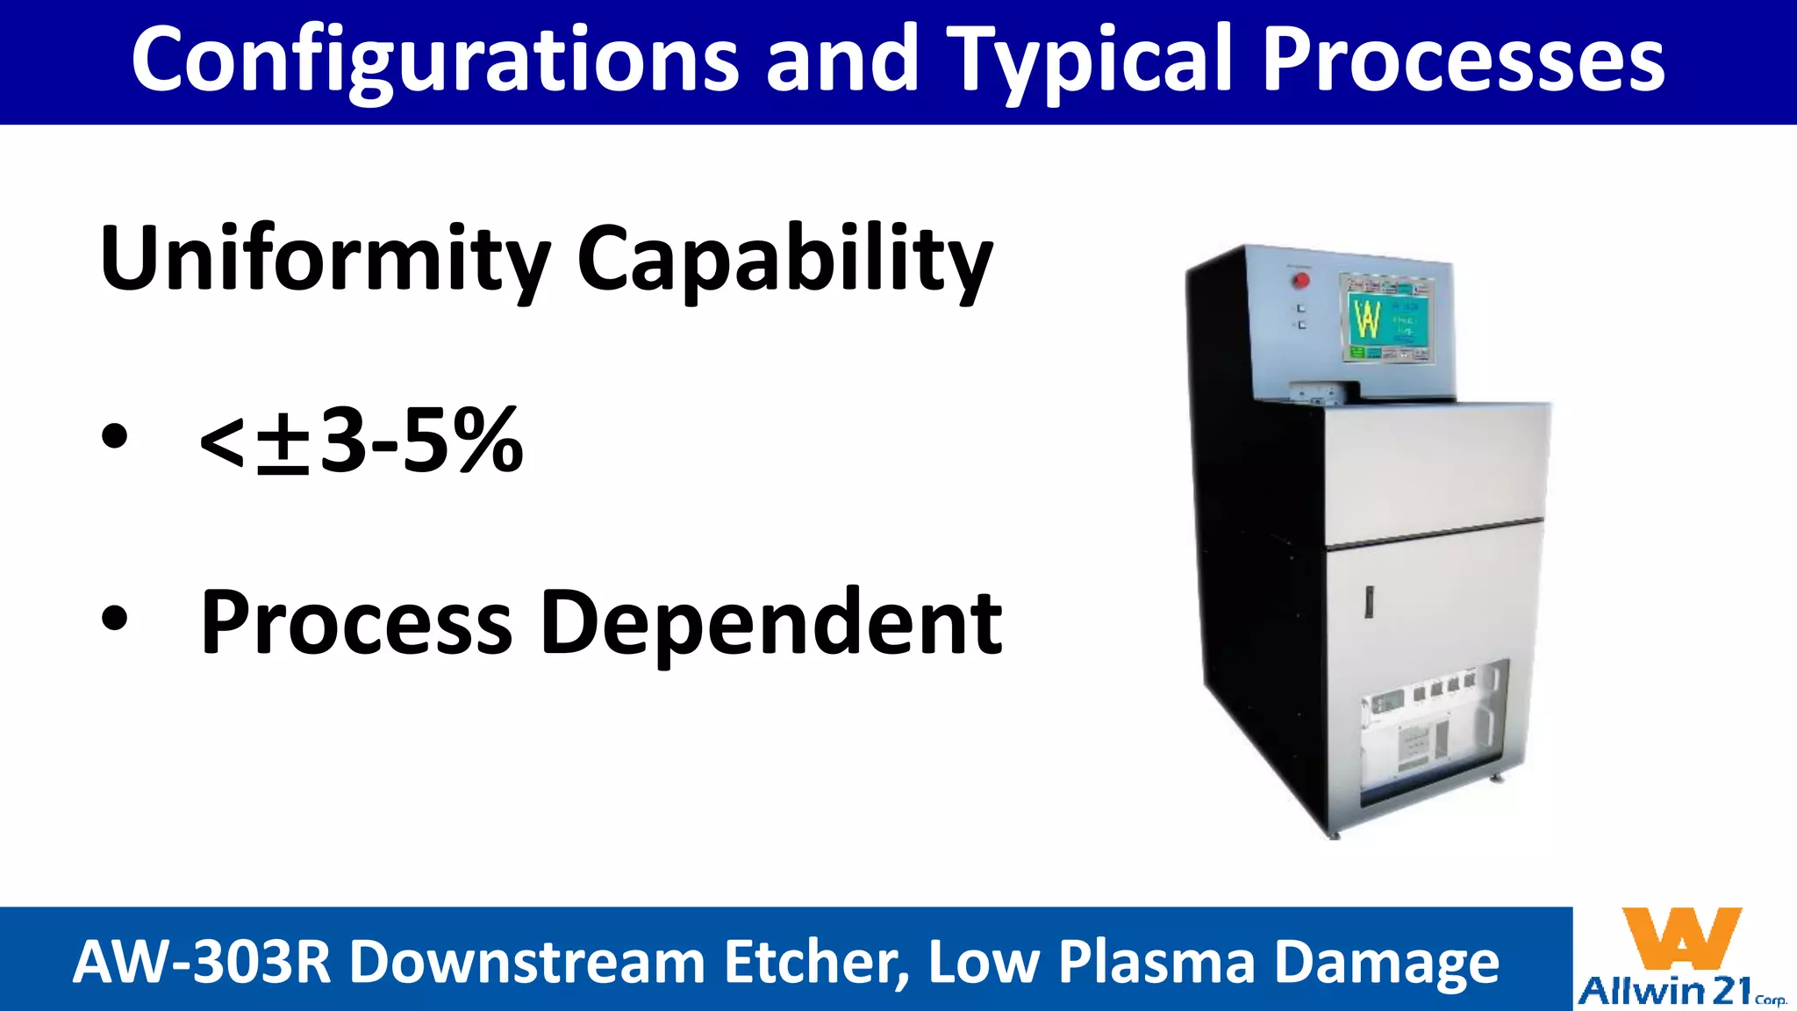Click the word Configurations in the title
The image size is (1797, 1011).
click(435, 60)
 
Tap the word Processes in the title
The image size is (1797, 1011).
click(1463, 60)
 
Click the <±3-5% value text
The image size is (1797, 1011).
click(362, 440)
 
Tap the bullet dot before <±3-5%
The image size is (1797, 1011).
click(115, 436)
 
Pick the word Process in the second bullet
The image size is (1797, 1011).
click(356, 623)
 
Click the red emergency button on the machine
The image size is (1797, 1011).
click(1301, 280)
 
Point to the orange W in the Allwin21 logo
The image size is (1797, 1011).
click(1681, 938)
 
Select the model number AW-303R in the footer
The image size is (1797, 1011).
click(201, 962)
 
